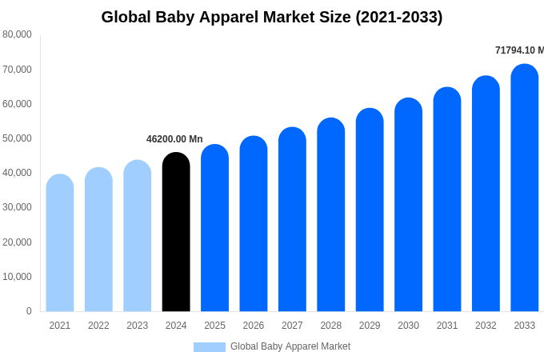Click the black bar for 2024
[176, 232]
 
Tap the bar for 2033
[525, 188]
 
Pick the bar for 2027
[292, 219]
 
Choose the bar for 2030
[408, 205]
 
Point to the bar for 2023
[138, 236]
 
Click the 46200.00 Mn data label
[174, 139]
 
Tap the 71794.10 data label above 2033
[518, 50]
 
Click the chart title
[272, 17]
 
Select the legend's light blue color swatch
[210, 346]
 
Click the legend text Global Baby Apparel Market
[290, 346]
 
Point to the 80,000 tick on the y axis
[17, 34]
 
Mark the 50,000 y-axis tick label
[17, 138]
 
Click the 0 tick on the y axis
[29, 311]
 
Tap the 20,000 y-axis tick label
[17, 242]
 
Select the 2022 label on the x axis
[98, 326]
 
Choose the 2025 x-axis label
[214, 326]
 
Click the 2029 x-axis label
[370, 326]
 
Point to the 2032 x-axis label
[486, 326]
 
